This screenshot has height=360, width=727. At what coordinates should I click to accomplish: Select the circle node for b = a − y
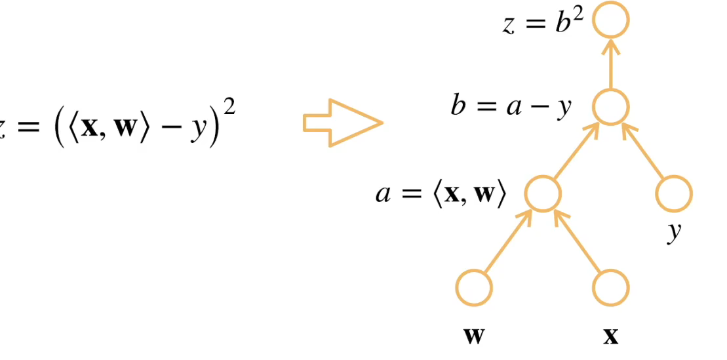point(610,107)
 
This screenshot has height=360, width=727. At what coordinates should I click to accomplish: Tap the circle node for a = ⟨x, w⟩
point(543,194)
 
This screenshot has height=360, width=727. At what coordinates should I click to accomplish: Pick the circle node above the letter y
point(674,194)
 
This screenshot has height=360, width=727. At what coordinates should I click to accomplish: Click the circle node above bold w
point(474,287)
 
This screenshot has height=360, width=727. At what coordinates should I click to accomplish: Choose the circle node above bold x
point(611,287)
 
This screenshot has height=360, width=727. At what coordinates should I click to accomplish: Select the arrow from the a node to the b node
point(576,150)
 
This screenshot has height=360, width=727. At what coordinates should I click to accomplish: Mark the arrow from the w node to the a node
point(507,242)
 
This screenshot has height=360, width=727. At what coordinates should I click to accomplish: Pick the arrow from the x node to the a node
point(578,242)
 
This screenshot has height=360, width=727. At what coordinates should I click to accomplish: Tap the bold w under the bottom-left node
point(473,336)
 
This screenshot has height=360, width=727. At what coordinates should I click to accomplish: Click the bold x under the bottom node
point(610,336)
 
